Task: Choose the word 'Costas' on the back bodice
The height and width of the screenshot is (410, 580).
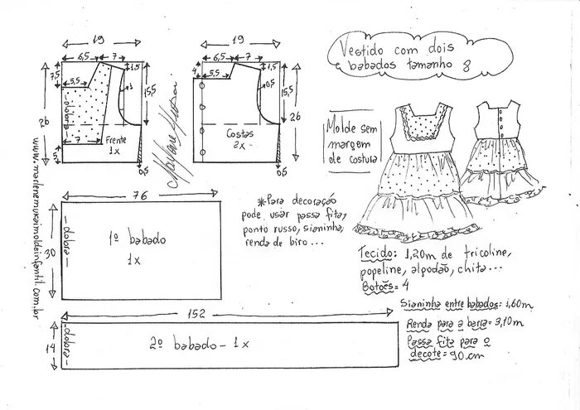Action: pyautogui.click(x=239, y=133)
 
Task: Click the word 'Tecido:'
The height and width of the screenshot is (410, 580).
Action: pyautogui.click(x=377, y=252)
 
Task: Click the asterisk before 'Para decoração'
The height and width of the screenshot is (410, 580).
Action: pyautogui.click(x=249, y=198)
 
